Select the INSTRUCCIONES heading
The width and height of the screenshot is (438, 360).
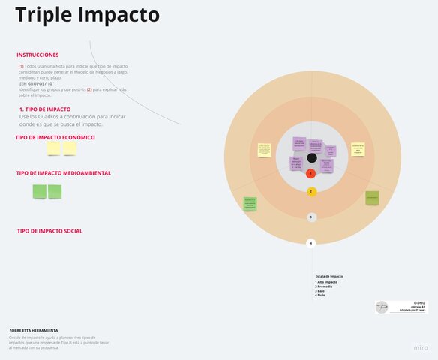click(x=37, y=55)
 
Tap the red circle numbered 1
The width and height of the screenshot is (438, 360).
click(x=311, y=173)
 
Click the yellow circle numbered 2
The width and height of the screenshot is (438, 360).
click(x=311, y=191)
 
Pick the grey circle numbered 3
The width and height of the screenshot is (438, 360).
click(x=311, y=217)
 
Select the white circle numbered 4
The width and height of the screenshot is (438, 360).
click(x=311, y=243)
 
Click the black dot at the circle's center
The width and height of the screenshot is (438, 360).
click(x=311, y=157)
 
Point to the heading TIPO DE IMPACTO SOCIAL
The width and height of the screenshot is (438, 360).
click(x=49, y=231)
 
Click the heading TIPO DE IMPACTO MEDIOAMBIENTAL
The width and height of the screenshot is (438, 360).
click(x=64, y=173)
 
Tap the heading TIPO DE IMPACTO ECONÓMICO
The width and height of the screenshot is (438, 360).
click(x=55, y=138)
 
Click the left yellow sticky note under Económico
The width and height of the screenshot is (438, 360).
click(x=54, y=149)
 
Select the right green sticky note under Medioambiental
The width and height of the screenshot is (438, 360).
click(x=55, y=192)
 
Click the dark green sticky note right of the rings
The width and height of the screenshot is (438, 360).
click(x=372, y=198)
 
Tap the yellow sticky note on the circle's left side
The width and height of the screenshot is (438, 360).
click(x=264, y=150)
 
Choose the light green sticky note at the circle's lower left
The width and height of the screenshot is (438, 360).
click(x=250, y=203)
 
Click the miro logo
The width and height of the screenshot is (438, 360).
click(x=421, y=349)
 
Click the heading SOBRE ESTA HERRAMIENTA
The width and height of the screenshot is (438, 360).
click(x=34, y=330)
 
